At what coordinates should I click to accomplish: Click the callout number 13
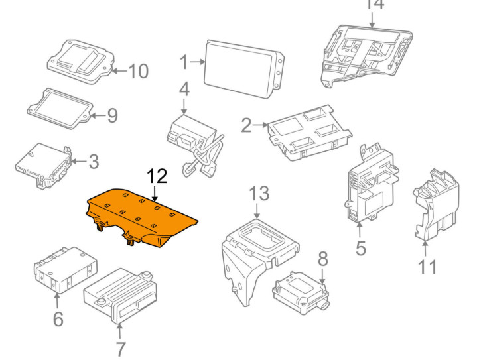[259, 194]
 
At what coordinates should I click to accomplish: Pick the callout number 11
[428, 267]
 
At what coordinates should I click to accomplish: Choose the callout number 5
[360, 248]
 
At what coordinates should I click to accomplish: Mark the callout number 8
[322, 257]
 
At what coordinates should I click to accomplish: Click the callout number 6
[58, 319]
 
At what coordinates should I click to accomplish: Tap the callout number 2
[247, 125]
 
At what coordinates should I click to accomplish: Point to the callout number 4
[184, 89]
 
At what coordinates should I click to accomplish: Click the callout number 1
[184, 63]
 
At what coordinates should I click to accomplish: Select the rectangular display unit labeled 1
[244, 69]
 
